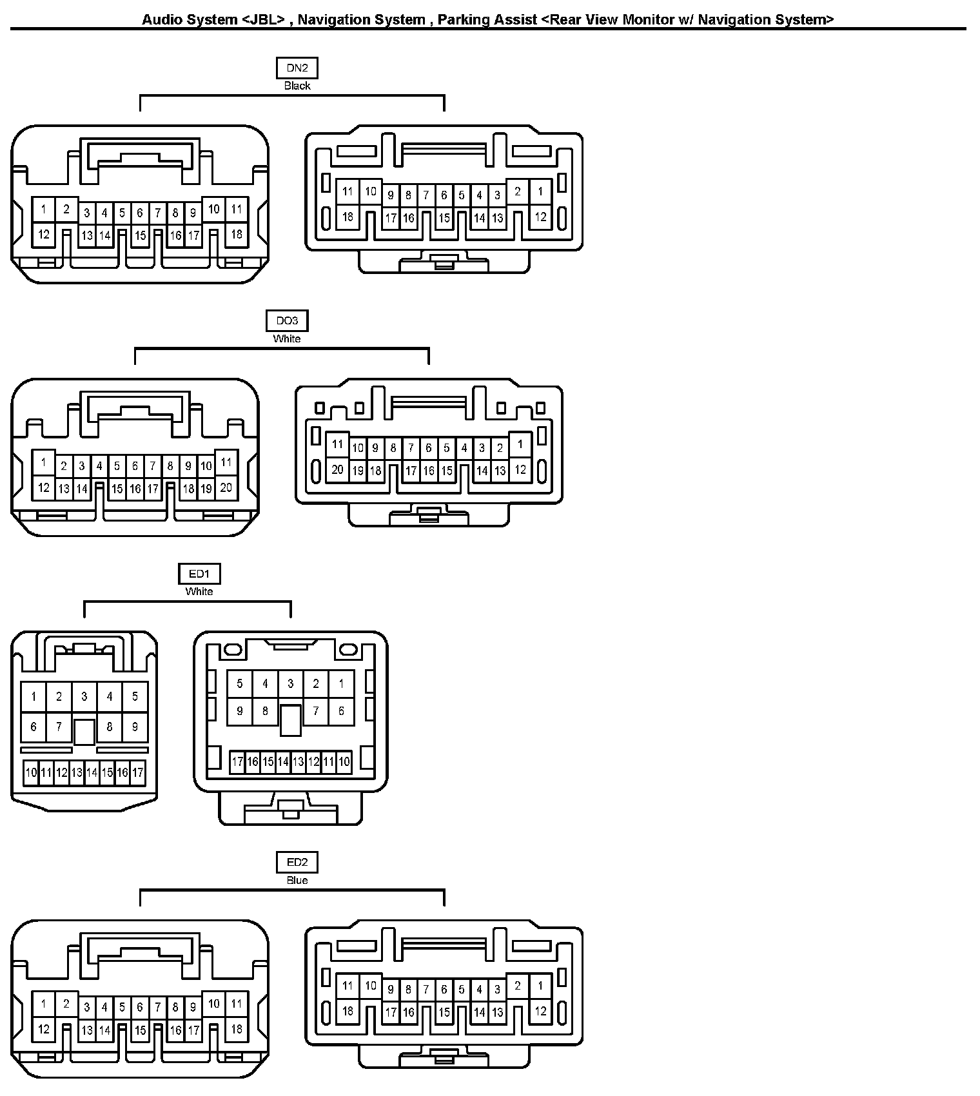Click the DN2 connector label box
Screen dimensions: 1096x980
[297, 68]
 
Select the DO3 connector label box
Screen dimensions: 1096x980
[287, 320]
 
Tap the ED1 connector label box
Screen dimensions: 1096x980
[199, 573]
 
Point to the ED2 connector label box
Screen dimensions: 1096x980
[297, 862]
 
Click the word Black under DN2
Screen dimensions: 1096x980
[297, 86]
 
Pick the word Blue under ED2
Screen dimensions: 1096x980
[297, 880]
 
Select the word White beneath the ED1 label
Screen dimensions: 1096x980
[199, 591]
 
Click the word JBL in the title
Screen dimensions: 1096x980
[263, 19]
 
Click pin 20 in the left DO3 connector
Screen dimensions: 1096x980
[226, 487]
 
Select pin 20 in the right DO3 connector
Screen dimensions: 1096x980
[337, 469]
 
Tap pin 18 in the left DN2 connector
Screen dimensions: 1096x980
[237, 233]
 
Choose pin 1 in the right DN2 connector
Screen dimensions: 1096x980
[540, 191]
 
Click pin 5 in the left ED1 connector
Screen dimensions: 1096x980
[135, 696]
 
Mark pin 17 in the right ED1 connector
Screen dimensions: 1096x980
[237, 762]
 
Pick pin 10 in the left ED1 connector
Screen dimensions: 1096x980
[31, 772]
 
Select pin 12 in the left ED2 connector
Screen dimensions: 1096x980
[44, 1029]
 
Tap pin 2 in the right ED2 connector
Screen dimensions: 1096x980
[517, 986]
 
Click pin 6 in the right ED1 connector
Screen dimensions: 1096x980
[341, 711]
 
